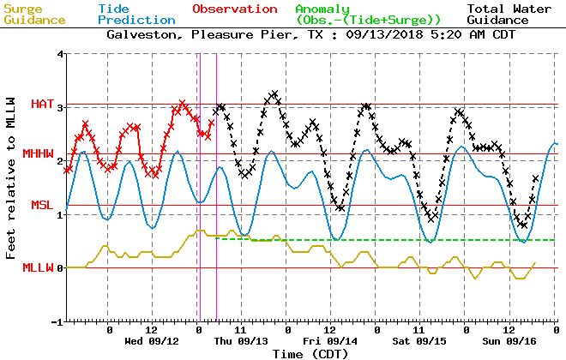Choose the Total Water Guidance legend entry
(x=509, y=14)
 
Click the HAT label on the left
(x=42, y=104)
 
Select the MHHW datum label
(x=39, y=154)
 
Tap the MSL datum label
(x=42, y=205)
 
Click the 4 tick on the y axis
(x=60, y=54)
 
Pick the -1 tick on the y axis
(x=57, y=322)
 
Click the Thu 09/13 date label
(x=241, y=340)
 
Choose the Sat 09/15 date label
(x=419, y=340)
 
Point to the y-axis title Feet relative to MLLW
(x=11, y=187)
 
